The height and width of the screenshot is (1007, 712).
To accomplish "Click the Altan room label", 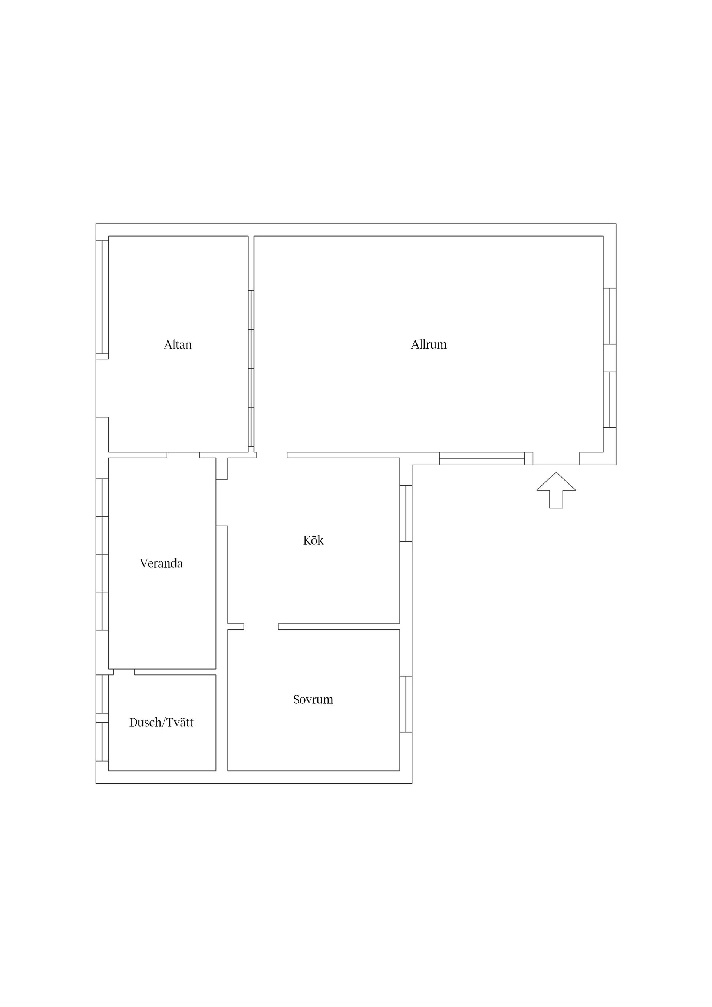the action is pyautogui.click(x=178, y=345).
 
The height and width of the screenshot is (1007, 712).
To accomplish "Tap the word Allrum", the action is pyautogui.click(x=429, y=344).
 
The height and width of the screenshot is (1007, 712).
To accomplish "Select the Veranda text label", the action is pyautogui.click(x=161, y=563).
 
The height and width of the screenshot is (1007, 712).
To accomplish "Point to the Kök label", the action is pyautogui.click(x=313, y=540).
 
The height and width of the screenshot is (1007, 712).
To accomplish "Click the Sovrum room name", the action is pyautogui.click(x=313, y=699).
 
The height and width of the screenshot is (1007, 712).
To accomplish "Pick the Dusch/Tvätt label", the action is pyautogui.click(x=161, y=722).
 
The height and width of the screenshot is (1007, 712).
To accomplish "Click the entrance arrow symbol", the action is pyautogui.click(x=556, y=490).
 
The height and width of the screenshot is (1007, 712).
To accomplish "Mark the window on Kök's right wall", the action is pyautogui.click(x=406, y=513).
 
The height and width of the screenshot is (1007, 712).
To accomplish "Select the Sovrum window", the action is pyautogui.click(x=406, y=704).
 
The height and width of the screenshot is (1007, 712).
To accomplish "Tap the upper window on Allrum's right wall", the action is pyautogui.click(x=610, y=316).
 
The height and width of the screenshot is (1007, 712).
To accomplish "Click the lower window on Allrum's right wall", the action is pyautogui.click(x=610, y=400).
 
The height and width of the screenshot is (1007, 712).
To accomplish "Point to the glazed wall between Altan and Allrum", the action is pyautogui.click(x=251, y=369).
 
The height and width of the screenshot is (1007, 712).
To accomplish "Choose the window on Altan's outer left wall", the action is pyautogui.click(x=102, y=297).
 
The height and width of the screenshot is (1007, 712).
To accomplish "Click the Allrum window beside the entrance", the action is pyautogui.click(x=482, y=458).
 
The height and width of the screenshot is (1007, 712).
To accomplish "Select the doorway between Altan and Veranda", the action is pyautogui.click(x=183, y=455).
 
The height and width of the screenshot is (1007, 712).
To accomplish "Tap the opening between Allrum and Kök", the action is pyautogui.click(x=271, y=455).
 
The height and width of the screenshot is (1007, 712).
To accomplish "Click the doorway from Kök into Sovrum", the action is pyautogui.click(x=261, y=626).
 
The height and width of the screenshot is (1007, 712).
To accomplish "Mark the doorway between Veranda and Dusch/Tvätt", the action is pyautogui.click(x=124, y=672).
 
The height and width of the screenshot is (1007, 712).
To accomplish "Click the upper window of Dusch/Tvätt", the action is pyautogui.click(x=102, y=694).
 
